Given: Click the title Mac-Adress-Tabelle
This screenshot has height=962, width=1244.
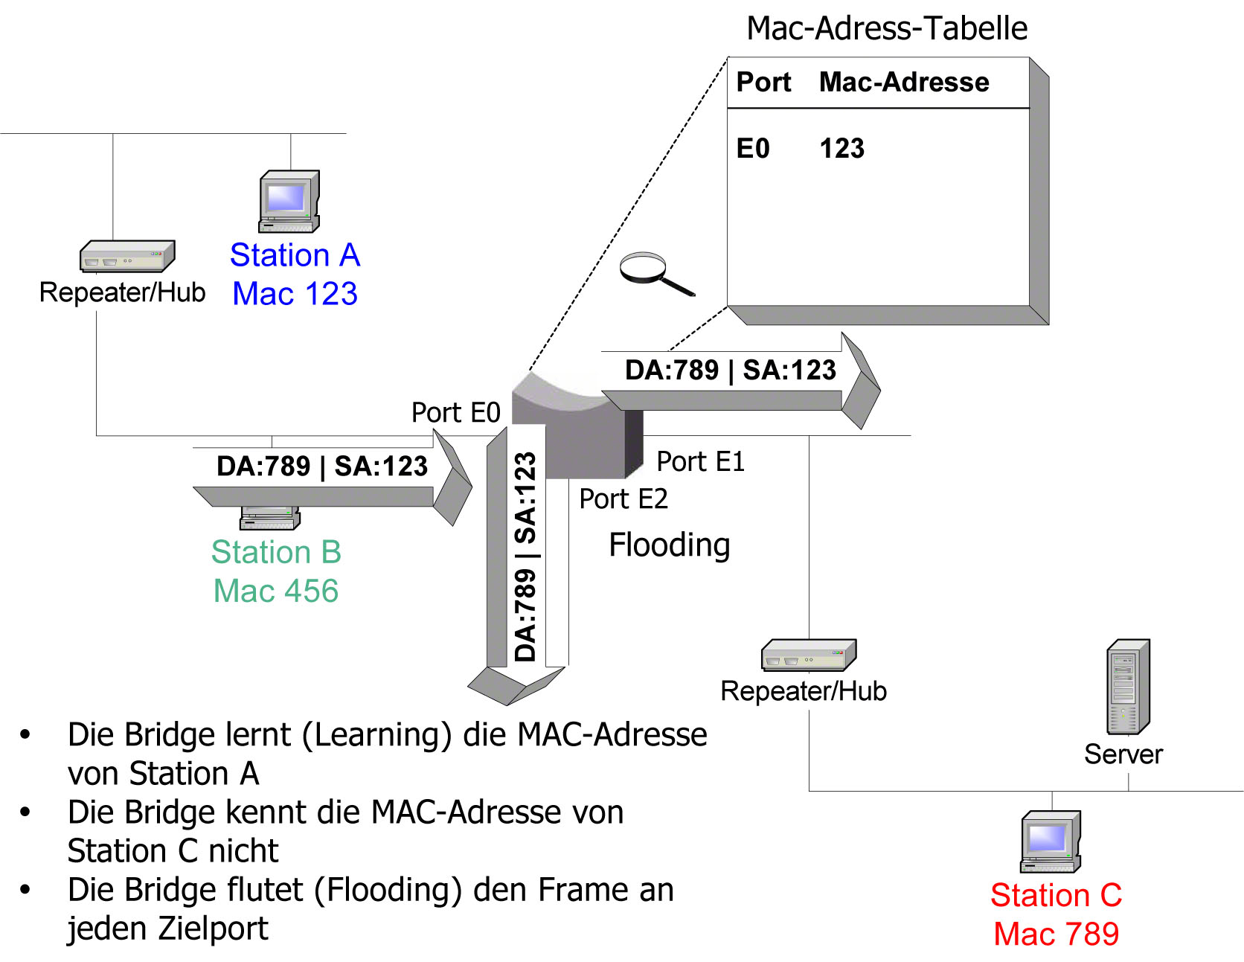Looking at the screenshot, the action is pos(887,28).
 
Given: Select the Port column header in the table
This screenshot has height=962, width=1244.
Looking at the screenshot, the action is pos(763,82).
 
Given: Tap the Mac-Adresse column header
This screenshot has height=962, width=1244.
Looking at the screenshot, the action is pos(904,82).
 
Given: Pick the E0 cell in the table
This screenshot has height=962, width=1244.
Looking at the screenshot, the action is pos(753,149).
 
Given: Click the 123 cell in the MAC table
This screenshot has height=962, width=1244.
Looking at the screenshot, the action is pos(842,149).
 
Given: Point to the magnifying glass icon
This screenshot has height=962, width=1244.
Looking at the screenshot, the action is pos(657,274).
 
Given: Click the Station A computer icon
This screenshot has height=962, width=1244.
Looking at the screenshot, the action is pos(289,201).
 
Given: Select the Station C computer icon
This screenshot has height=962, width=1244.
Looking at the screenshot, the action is pos(1051,841).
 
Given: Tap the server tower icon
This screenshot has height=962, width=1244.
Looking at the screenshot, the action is pos(1129,687).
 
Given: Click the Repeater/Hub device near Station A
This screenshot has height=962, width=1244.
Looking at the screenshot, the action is pos(127,256).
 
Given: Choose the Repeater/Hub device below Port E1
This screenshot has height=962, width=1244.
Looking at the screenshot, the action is pos(809,655).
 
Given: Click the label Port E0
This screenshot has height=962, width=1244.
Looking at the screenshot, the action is pos(456,412).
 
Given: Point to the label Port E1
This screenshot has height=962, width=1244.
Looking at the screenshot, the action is pos(701,461).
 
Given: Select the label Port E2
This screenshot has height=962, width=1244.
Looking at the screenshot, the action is pos(623,498).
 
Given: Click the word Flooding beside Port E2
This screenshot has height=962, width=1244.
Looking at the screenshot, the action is pos(670,545).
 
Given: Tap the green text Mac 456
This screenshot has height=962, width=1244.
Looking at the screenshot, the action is pos(276,591).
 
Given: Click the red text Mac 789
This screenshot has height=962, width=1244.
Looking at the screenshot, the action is pos(1057,934).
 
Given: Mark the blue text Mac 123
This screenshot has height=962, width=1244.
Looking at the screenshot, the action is pos(295,293).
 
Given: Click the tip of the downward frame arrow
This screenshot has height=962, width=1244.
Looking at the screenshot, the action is pos(507,705).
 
